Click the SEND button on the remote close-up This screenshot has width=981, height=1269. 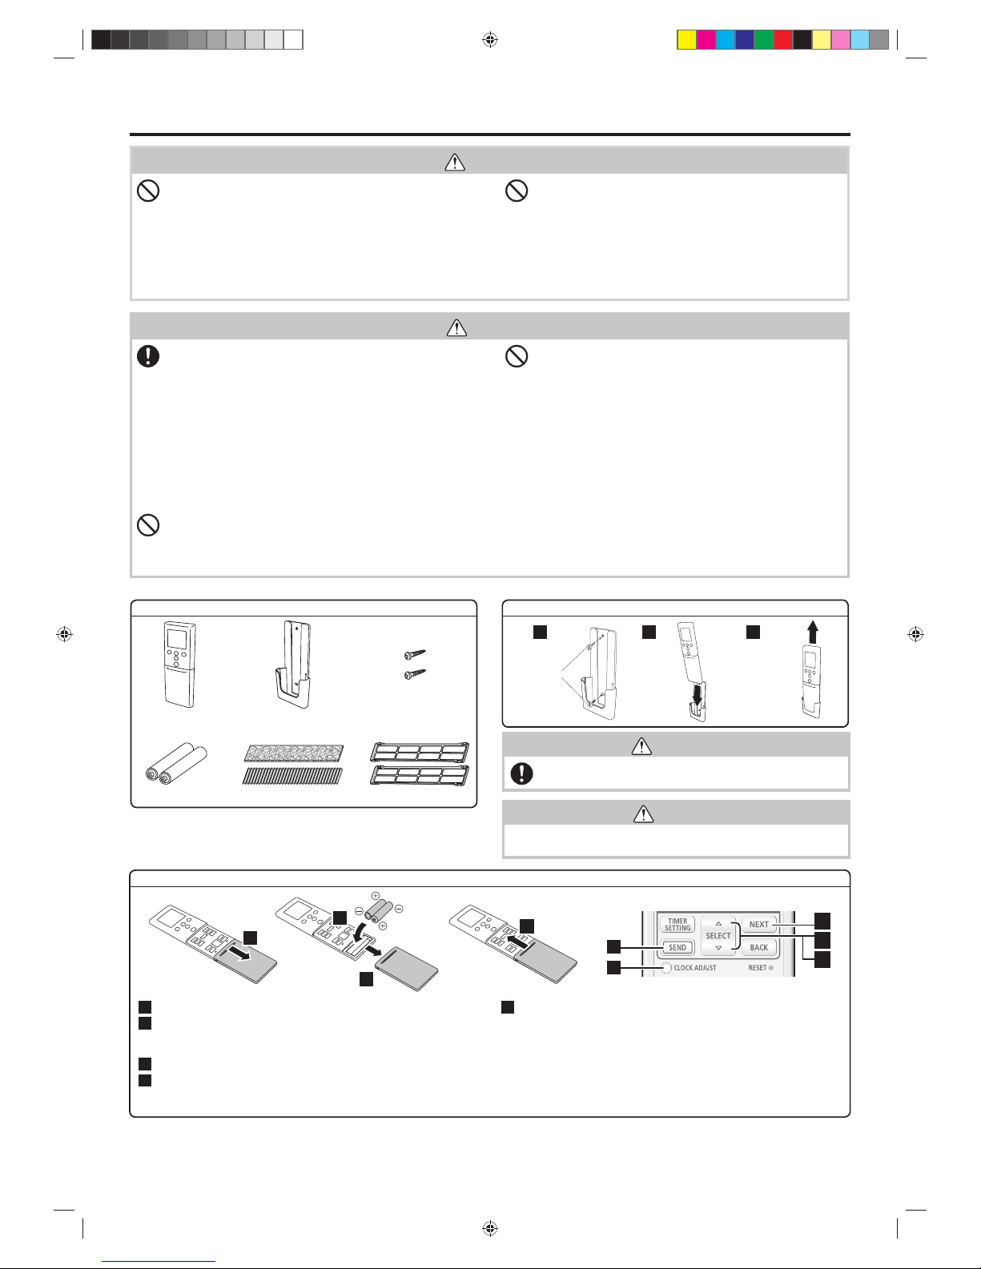click(677, 947)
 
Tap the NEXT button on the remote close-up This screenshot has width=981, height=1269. click(759, 924)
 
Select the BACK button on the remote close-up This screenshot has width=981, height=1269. click(759, 947)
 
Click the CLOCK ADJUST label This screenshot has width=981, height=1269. click(695, 968)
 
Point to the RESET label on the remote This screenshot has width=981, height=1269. click(758, 968)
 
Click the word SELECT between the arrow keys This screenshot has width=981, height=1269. click(718, 936)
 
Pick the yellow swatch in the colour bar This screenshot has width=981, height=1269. click(687, 40)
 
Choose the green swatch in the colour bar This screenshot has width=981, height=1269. click(764, 40)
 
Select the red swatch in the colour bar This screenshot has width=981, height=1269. click(783, 40)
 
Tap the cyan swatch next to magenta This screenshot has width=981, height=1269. click(726, 40)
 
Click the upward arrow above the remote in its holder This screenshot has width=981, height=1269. click(812, 632)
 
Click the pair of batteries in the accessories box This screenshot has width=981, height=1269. click(175, 763)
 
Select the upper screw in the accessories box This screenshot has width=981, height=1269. click(415, 654)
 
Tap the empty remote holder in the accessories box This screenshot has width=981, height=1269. click(292, 665)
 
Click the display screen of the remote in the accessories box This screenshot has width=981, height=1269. click(177, 638)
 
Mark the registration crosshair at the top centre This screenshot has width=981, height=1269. click(490, 40)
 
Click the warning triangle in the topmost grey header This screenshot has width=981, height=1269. click(455, 162)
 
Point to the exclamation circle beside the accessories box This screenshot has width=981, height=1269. click(521, 773)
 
